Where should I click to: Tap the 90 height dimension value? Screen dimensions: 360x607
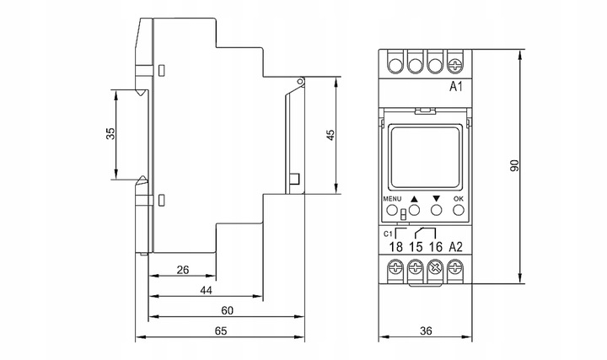point(514,165)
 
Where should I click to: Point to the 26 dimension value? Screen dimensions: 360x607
point(183,271)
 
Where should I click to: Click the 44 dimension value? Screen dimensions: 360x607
point(205,290)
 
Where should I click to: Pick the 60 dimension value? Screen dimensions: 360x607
point(226,310)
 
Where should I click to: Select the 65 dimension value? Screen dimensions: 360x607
point(221,331)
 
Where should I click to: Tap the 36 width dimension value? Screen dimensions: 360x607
point(425,331)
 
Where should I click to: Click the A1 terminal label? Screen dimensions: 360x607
point(455,87)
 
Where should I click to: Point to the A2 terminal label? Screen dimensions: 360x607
point(455,246)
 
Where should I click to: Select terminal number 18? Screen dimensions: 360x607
point(395,246)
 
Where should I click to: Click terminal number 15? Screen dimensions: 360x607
point(416,246)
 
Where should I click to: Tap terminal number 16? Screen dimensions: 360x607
point(435,246)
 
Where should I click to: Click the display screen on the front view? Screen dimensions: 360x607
point(425,156)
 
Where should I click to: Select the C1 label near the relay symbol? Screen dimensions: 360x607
point(389,232)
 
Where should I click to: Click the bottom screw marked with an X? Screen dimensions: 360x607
point(436,270)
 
